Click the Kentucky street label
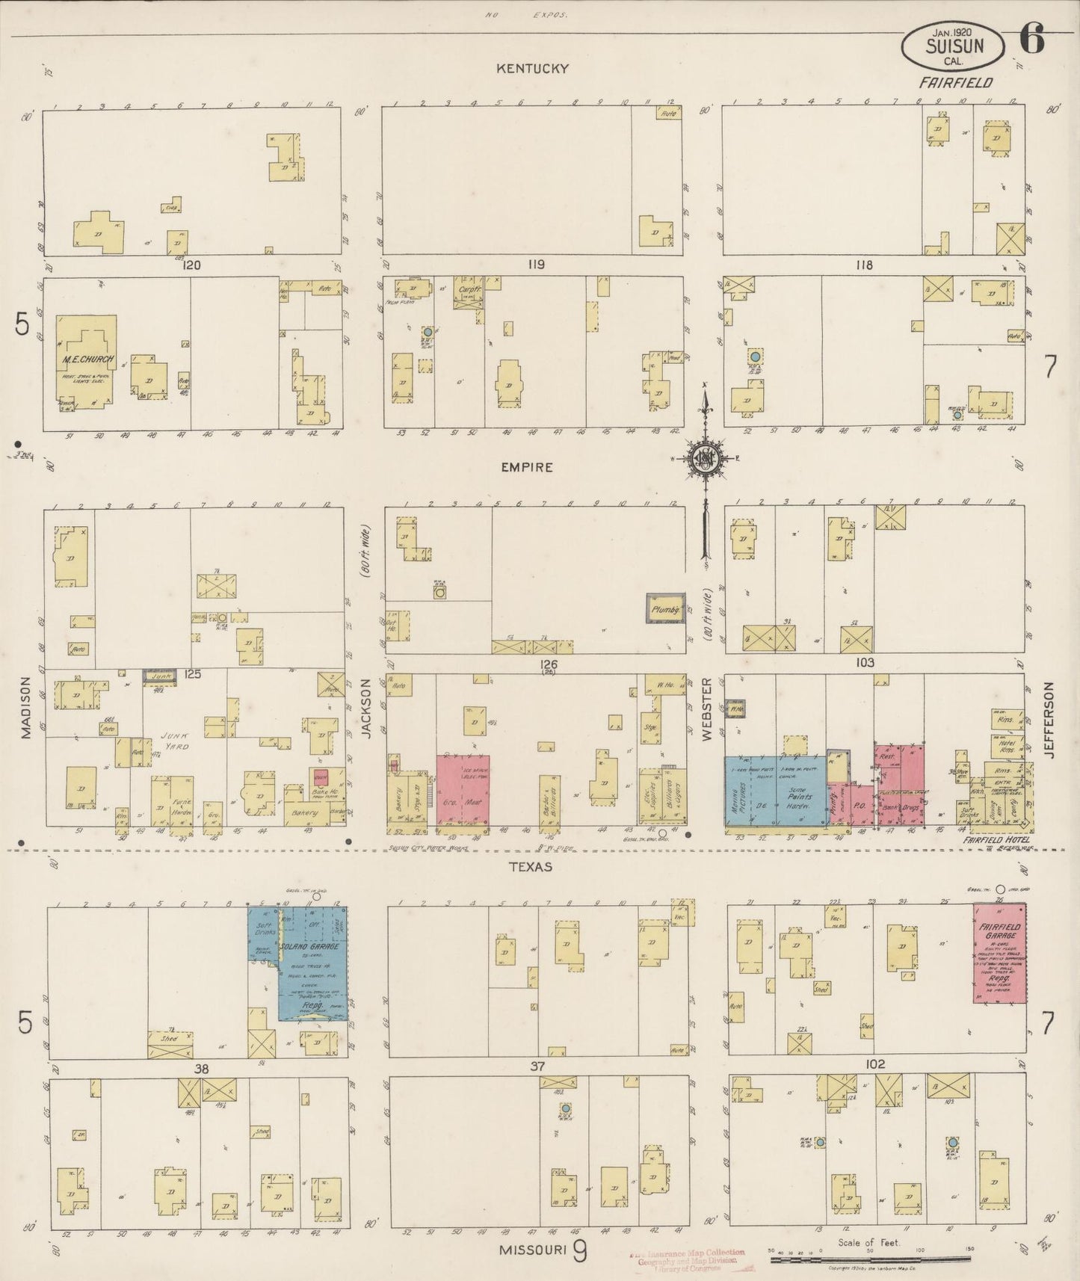tap(533, 69)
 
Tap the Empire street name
tap(528, 467)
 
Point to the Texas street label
tap(531, 867)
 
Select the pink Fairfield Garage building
tap(999, 953)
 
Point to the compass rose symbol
tap(704, 457)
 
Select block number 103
tap(865, 663)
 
